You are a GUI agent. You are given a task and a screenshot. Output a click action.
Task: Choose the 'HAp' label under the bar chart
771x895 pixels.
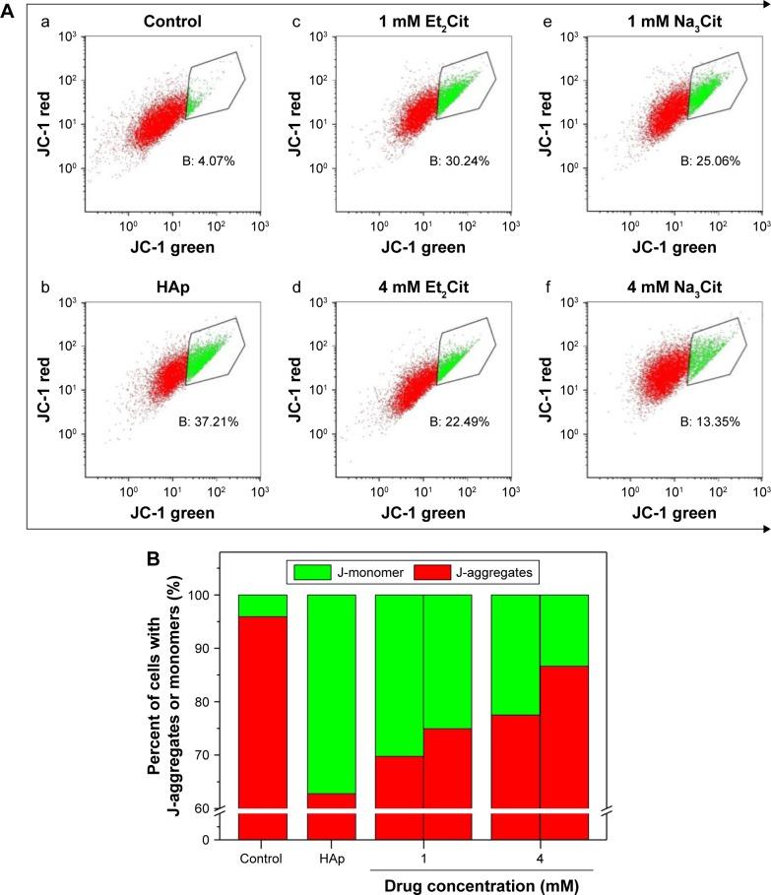[x=332, y=857]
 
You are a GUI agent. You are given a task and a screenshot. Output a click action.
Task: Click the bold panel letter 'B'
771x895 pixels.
[x=154, y=557]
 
